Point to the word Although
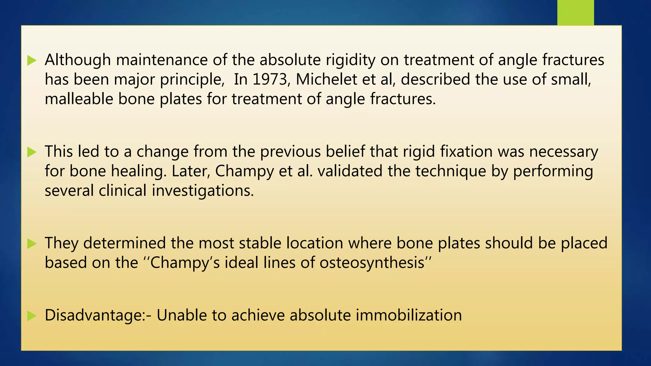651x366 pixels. [x=78, y=60]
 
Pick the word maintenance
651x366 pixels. [x=162, y=60]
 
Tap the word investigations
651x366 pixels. [x=202, y=191]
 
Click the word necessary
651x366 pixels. [x=564, y=152]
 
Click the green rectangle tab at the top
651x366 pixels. [x=575, y=12]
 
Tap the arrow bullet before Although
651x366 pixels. [x=32, y=60]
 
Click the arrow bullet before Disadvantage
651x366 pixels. [x=32, y=316]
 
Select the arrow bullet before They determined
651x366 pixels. [x=32, y=244]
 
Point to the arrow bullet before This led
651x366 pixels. [x=32, y=152]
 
